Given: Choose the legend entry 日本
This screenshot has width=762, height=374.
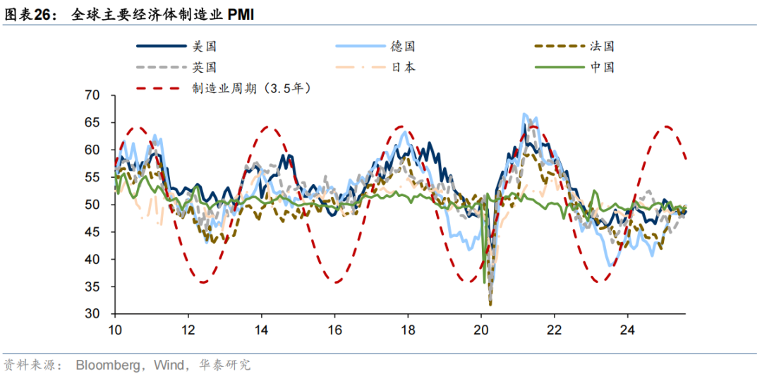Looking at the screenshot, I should click(x=403, y=67).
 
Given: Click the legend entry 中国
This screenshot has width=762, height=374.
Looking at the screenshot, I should click(x=602, y=67).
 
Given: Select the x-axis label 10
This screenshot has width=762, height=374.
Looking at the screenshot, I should click(x=115, y=329).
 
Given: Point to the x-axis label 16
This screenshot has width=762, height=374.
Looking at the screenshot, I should click(x=334, y=329).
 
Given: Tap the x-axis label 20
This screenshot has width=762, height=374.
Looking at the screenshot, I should click(x=480, y=329).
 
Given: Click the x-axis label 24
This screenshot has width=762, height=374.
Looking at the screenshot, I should click(x=627, y=329).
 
